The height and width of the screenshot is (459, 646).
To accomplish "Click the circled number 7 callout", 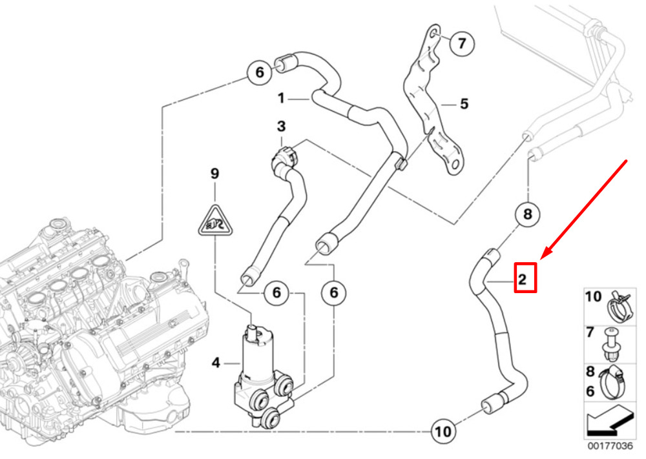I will coord(461,44).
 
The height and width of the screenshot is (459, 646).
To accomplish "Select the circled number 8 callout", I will coord(526,214).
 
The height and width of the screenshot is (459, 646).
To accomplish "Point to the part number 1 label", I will coord(281,99).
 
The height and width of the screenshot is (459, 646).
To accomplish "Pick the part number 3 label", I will coord(282,125).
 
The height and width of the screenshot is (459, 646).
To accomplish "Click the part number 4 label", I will coord(216,363).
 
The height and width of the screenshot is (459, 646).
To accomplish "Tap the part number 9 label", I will coord(215,173).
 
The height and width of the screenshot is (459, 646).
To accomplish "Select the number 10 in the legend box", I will coord(593,298).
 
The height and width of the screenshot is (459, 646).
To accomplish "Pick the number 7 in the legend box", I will coord(590,333).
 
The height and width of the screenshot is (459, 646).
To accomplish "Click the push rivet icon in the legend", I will coord(610,343).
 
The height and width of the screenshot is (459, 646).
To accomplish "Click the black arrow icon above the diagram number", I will coord(608,423).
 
